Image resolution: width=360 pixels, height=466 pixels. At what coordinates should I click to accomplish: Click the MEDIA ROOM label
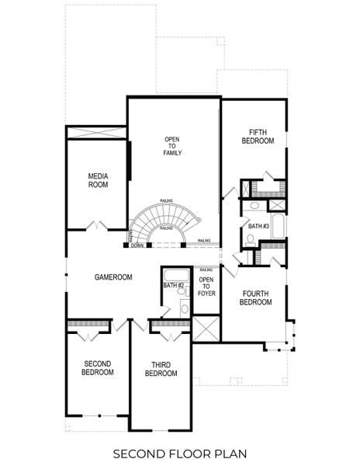click(98, 180)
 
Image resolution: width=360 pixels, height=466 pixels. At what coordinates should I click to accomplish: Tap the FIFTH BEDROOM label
click(258, 137)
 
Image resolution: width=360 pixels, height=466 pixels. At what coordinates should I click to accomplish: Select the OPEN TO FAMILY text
click(172, 146)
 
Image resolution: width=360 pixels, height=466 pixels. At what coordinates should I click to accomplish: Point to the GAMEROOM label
click(113, 276)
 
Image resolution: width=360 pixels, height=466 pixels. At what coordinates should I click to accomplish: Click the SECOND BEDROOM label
click(98, 367)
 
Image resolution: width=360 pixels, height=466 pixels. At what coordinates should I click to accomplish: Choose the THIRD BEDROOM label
click(161, 369)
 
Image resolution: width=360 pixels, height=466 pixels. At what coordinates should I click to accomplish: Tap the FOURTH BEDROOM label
click(256, 297)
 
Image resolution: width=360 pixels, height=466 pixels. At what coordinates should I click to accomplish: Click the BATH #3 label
click(258, 226)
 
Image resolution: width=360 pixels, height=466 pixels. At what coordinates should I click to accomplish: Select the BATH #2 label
click(174, 286)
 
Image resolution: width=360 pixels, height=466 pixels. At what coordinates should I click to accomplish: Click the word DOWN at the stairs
click(137, 245)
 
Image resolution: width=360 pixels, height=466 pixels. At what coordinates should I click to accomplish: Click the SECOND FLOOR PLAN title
click(180, 452)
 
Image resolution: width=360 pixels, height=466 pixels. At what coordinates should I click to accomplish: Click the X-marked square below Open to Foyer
click(206, 329)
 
